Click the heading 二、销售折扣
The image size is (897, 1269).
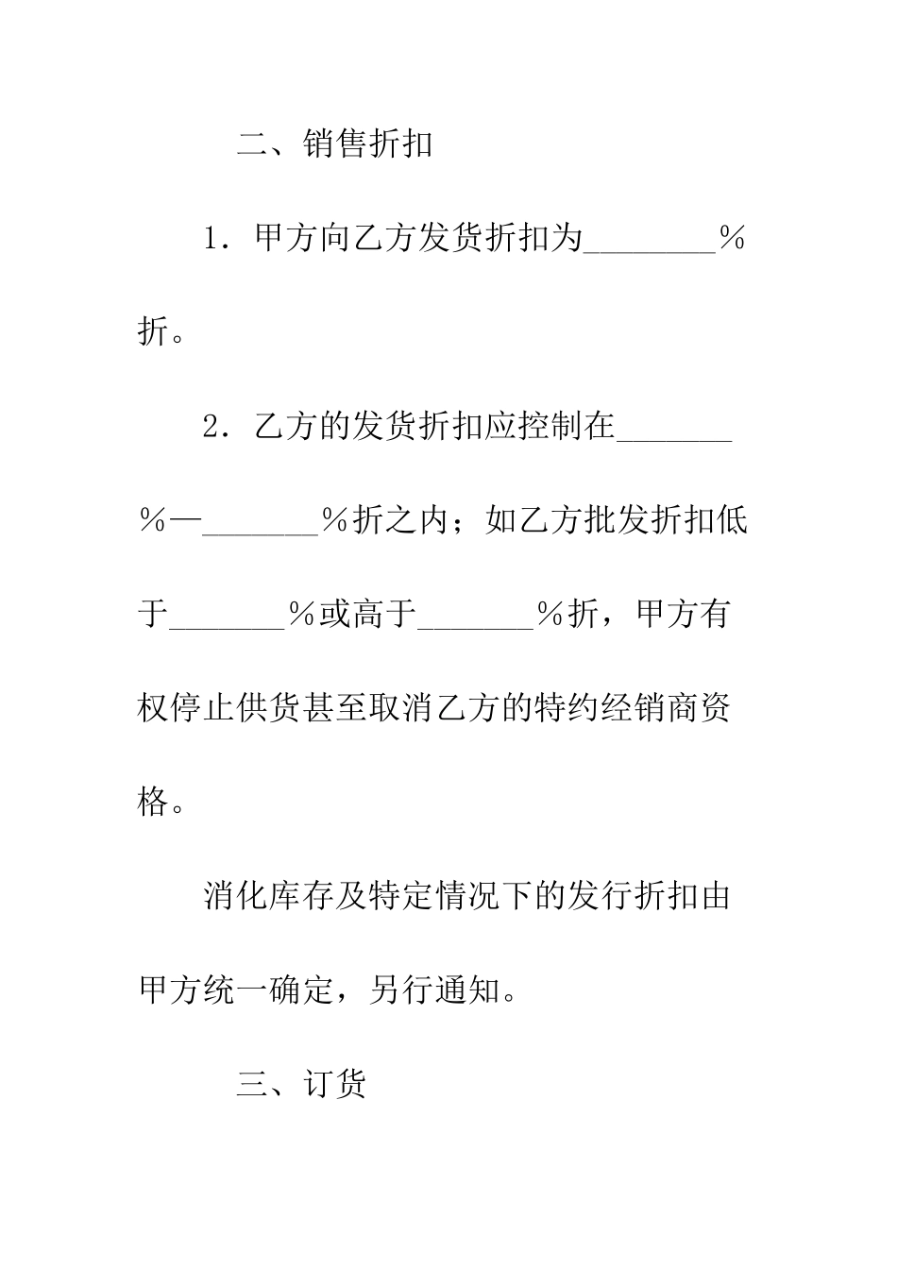[x=334, y=144]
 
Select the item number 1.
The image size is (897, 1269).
[x=212, y=239]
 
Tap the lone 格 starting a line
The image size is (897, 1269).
[x=154, y=803]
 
